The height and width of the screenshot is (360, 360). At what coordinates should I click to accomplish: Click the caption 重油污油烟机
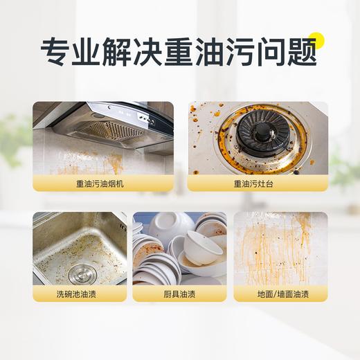pos(100,183)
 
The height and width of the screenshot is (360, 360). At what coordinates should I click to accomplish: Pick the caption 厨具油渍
pos(179,294)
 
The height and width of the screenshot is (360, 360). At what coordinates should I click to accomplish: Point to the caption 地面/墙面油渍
pos(280,294)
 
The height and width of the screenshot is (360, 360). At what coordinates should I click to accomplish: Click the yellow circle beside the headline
pos(316,40)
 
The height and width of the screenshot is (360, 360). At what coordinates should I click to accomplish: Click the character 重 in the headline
pos(179,52)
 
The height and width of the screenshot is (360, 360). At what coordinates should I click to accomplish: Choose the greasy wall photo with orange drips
pos(280,249)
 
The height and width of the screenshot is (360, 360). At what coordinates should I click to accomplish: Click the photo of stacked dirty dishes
pos(179,249)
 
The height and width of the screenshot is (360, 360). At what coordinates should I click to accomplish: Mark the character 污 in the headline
pos(240,52)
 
